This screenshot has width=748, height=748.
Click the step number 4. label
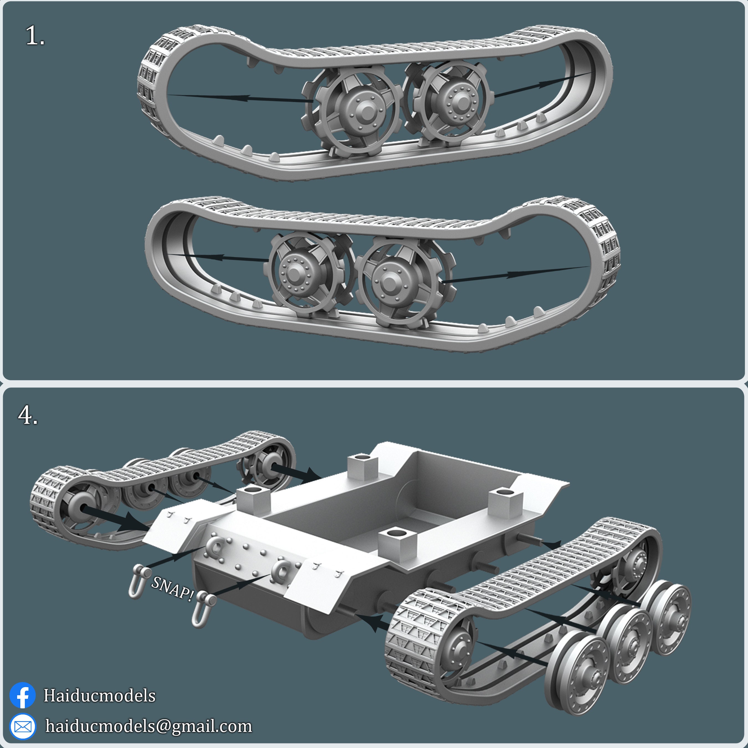(x=28, y=416)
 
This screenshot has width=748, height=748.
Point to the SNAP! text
(x=172, y=589)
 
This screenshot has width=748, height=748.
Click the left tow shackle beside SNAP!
(x=138, y=581)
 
